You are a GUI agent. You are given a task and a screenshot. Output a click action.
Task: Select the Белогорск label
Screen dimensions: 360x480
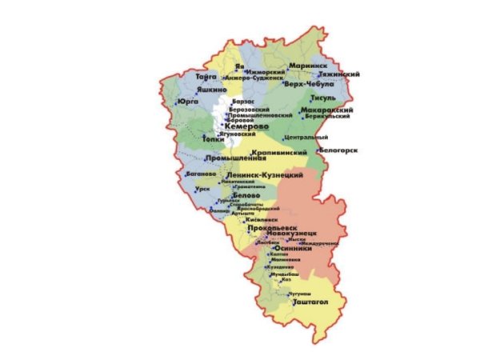tap(337, 150)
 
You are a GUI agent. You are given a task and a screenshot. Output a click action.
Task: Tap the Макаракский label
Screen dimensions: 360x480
tap(327, 110)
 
